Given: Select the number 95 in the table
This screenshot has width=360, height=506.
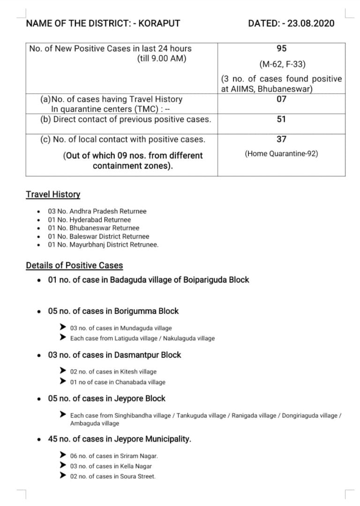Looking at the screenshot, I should (x=281, y=48).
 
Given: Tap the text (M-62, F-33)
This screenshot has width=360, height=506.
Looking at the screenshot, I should (x=281, y=64).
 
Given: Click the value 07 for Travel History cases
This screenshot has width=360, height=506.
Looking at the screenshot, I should (x=281, y=99).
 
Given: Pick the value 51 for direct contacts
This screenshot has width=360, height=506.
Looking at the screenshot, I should (x=281, y=119).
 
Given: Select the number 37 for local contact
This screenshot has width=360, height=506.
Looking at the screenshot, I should (x=281, y=139).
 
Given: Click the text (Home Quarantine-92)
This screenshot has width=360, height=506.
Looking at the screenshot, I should (x=281, y=153).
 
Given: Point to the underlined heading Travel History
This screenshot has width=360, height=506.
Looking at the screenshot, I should (x=53, y=194).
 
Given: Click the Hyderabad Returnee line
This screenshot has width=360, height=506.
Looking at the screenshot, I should (x=90, y=220).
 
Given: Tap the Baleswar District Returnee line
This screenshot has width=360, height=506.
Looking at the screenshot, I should (x=98, y=237).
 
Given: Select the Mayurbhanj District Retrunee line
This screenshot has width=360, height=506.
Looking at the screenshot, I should (x=103, y=245).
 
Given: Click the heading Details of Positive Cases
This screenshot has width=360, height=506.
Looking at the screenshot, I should (x=75, y=266).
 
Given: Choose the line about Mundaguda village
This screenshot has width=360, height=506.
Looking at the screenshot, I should (x=120, y=328).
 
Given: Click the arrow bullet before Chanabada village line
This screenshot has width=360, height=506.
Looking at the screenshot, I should (x=62, y=381).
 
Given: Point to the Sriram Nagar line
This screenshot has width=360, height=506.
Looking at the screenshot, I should (x=114, y=456).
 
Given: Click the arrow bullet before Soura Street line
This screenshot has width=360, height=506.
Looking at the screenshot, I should (x=62, y=476).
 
